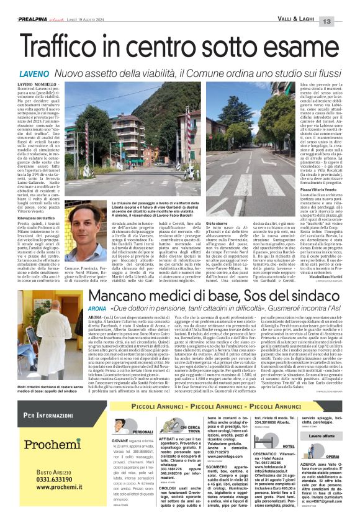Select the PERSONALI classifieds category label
(142, 430)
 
